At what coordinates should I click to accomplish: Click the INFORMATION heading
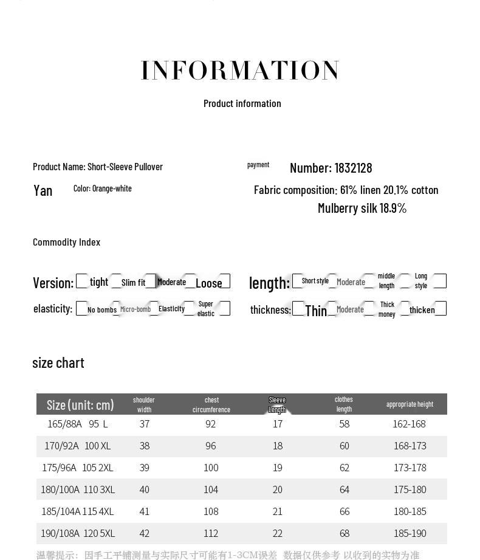240,71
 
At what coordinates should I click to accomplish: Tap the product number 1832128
331,168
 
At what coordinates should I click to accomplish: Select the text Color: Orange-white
103,188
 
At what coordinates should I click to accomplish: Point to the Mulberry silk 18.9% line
362,208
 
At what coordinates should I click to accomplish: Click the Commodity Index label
66,242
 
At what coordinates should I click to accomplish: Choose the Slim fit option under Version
133,282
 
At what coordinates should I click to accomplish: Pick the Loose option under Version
208,283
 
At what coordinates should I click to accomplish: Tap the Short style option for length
315,281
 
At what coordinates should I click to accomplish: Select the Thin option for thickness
316,311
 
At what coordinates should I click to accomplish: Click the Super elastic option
206,309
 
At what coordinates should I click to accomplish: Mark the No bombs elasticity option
101,309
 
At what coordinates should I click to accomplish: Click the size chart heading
58,363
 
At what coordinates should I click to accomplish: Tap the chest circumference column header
211,404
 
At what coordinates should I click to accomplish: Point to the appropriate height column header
410,404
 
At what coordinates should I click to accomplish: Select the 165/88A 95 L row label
78,424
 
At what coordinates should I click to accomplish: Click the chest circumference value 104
211,489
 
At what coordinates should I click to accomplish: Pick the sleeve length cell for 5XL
278,533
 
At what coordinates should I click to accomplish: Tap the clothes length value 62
345,468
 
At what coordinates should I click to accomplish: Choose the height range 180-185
410,511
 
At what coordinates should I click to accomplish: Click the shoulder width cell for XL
145,446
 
